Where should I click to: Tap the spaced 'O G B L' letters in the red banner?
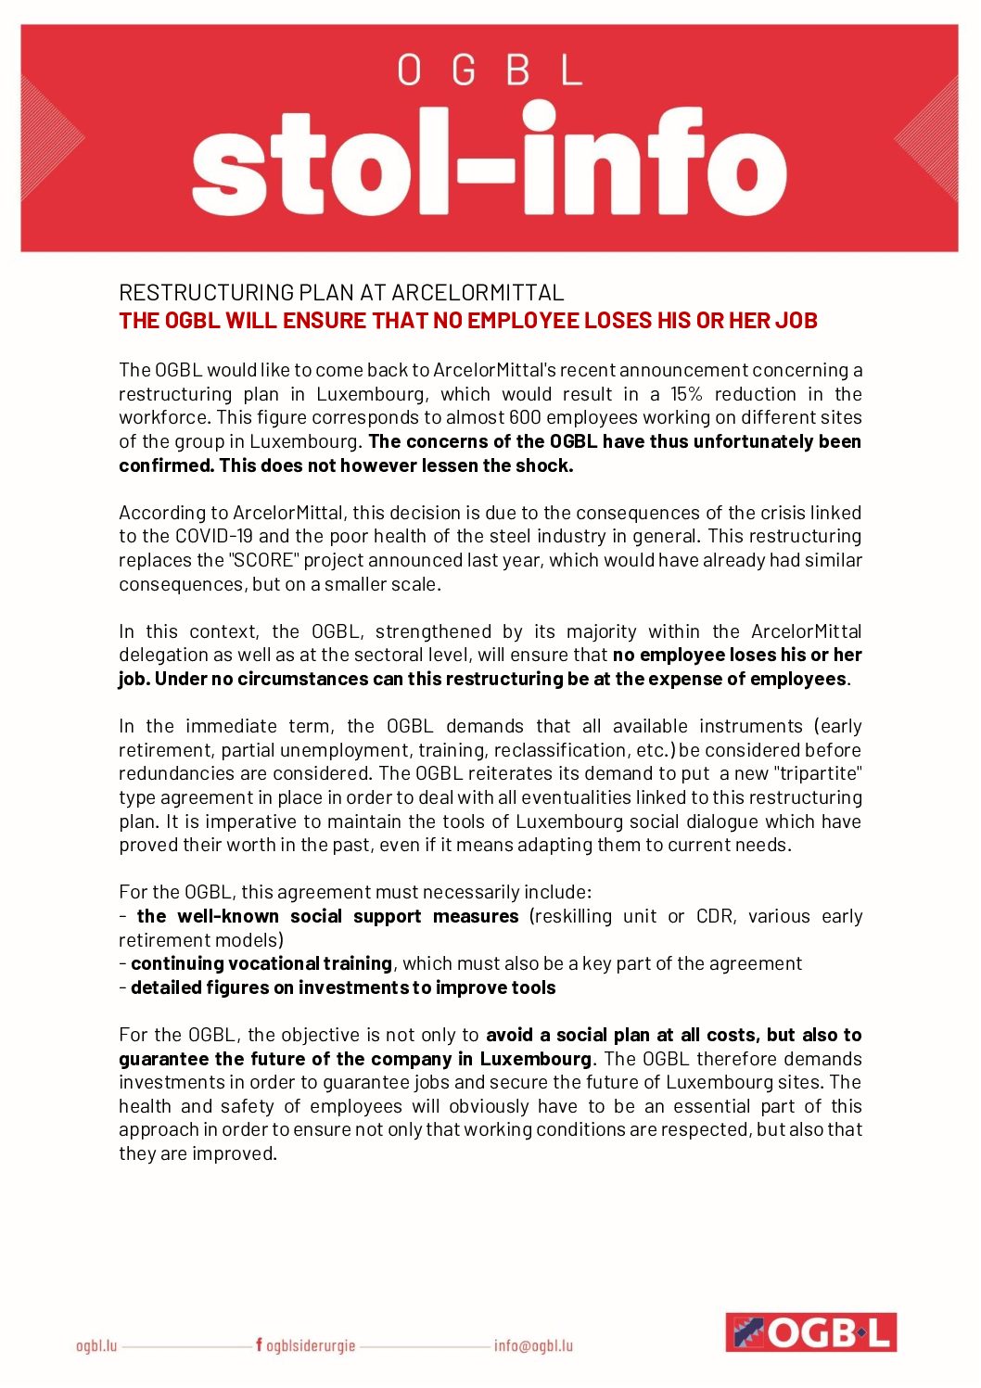tap(490, 70)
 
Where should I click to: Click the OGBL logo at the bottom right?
tap(810, 1332)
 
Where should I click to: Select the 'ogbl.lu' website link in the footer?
tap(96, 1345)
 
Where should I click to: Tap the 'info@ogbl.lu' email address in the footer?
tap(533, 1345)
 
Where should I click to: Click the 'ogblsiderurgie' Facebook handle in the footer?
tap(310, 1345)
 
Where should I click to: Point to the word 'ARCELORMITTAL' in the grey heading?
tap(478, 293)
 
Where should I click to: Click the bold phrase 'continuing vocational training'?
tap(261, 963)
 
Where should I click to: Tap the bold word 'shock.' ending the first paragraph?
tap(544, 465)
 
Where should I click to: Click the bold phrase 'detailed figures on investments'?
tap(270, 987)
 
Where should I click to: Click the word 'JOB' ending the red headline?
tap(796, 321)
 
